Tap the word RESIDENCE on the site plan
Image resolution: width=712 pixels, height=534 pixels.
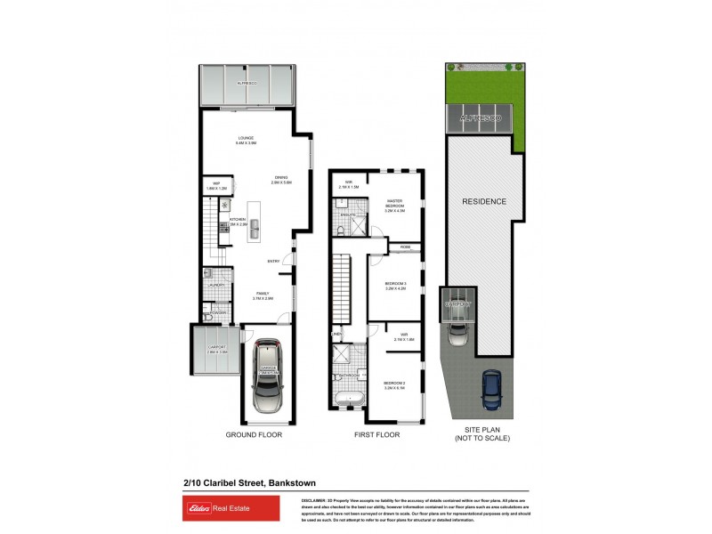pos(483,202)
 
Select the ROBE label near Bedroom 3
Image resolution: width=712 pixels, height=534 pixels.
pos(405,247)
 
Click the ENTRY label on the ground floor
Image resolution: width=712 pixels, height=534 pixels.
pos(274,261)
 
